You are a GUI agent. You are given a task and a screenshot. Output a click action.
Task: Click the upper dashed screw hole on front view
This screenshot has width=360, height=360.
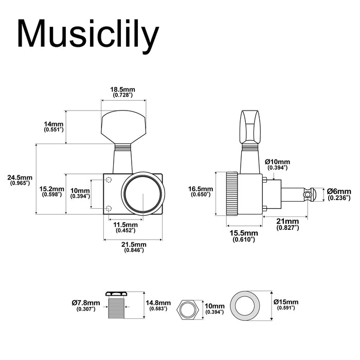[109, 179]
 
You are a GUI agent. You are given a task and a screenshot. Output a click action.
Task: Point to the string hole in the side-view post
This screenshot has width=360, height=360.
[308, 194]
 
